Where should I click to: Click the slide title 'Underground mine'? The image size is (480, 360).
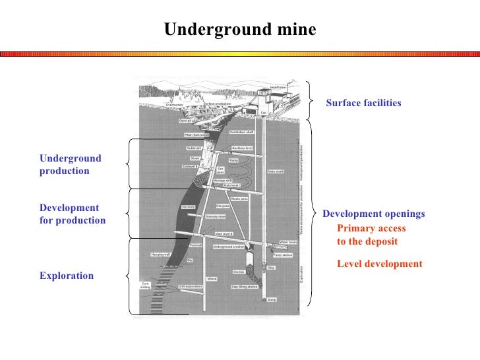coord(240,30)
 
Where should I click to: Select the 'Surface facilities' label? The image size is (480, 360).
coord(363,104)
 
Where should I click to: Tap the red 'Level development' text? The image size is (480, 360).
coord(379,264)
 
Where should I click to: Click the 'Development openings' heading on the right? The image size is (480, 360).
coord(373,214)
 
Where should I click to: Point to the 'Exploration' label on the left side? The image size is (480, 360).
coord(67,276)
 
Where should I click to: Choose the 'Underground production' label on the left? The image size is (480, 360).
coord(71,165)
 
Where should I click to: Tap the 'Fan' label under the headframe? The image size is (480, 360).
coord(263,113)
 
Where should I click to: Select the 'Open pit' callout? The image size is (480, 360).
coord(185,121)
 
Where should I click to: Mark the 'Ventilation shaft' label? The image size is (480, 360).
coord(241,132)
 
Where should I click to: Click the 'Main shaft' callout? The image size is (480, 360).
coord(276,171)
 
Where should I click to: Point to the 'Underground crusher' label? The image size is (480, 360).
coord(227,247)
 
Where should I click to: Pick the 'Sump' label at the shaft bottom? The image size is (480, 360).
coord(272,299)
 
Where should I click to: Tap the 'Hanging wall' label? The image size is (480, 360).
coord(161,253)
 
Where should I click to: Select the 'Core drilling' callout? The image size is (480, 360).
coord(145,285)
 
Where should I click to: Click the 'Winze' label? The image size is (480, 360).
coord(212,279)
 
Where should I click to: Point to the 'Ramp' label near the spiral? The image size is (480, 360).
coord(233,160)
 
